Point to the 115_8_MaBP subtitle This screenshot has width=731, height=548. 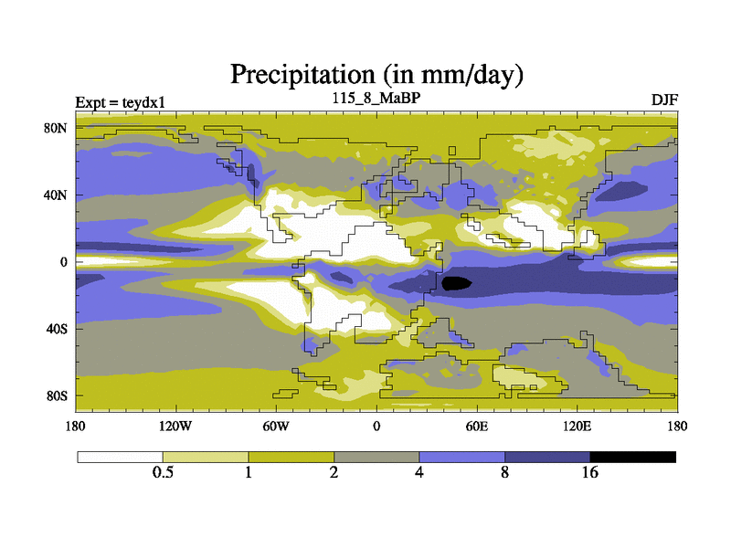click(376, 97)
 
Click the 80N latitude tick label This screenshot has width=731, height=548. click(57, 128)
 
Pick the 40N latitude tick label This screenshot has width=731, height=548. click(57, 195)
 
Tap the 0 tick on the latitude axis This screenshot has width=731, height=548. click(64, 261)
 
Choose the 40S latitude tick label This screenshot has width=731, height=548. click(57, 329)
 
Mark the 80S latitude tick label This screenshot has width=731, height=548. click(57, 395)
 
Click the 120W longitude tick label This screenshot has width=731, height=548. click(175, 426)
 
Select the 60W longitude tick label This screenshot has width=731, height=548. click(275, 426)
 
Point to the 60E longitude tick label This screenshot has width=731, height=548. click(476, 426)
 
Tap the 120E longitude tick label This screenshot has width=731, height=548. click(577, 426)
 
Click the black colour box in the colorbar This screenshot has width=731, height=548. click(632, 457)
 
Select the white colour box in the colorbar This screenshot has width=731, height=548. click(120, 457)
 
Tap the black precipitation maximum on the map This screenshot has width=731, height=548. click(457, 283)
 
